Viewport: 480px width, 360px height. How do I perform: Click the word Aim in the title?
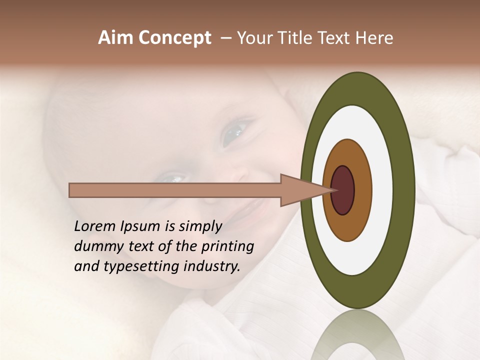116,38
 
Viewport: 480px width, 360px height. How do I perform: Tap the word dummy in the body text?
95,246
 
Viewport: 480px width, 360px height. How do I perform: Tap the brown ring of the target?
362,190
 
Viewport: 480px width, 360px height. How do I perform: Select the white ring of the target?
382,190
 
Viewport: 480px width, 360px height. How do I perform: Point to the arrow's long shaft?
175,190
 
